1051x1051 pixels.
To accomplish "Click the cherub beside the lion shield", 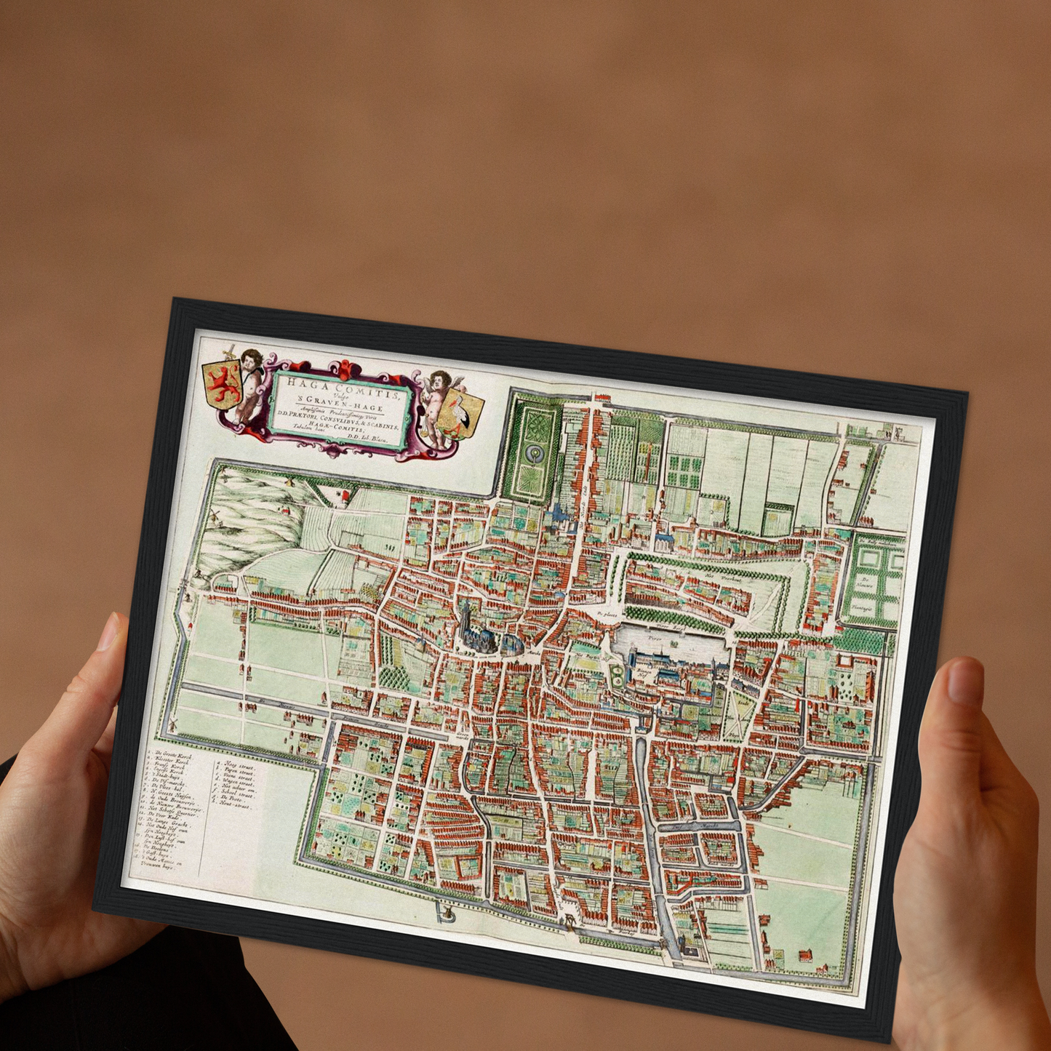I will click(x=249, y=384).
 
